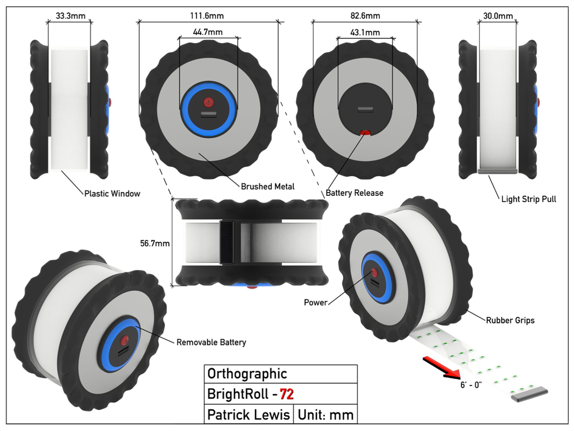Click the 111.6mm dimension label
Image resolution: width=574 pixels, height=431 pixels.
point(207,16)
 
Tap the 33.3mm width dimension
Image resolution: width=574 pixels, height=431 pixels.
point(71,16)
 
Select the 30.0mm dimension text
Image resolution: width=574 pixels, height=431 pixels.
point(498,16)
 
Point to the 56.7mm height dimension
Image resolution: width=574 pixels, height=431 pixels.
point(155,244)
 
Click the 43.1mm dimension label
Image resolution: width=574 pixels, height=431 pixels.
point(365,32)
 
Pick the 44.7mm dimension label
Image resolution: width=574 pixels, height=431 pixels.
point(208,32)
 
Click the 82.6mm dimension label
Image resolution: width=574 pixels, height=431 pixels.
point(365,16)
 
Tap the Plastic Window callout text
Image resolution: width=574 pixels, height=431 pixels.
point(112,194)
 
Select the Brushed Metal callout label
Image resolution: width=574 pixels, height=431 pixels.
point(268,187)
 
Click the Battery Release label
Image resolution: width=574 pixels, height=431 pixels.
point(355,193)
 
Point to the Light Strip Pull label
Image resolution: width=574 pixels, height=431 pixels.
point(529,199)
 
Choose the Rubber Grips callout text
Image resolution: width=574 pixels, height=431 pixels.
point(510,320)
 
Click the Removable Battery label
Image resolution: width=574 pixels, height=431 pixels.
point(211,342)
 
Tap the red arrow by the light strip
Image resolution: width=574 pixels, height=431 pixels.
point(442,368)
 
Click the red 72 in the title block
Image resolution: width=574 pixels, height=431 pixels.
point(287,394)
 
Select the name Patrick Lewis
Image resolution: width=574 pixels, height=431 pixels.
point(248,415)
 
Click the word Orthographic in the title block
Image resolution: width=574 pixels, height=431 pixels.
point(247,374)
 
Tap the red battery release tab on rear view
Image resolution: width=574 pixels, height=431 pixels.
point(365,133)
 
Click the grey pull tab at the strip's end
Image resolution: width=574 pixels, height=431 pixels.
point(529,395)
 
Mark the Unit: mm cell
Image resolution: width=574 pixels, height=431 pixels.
point(326,415)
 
